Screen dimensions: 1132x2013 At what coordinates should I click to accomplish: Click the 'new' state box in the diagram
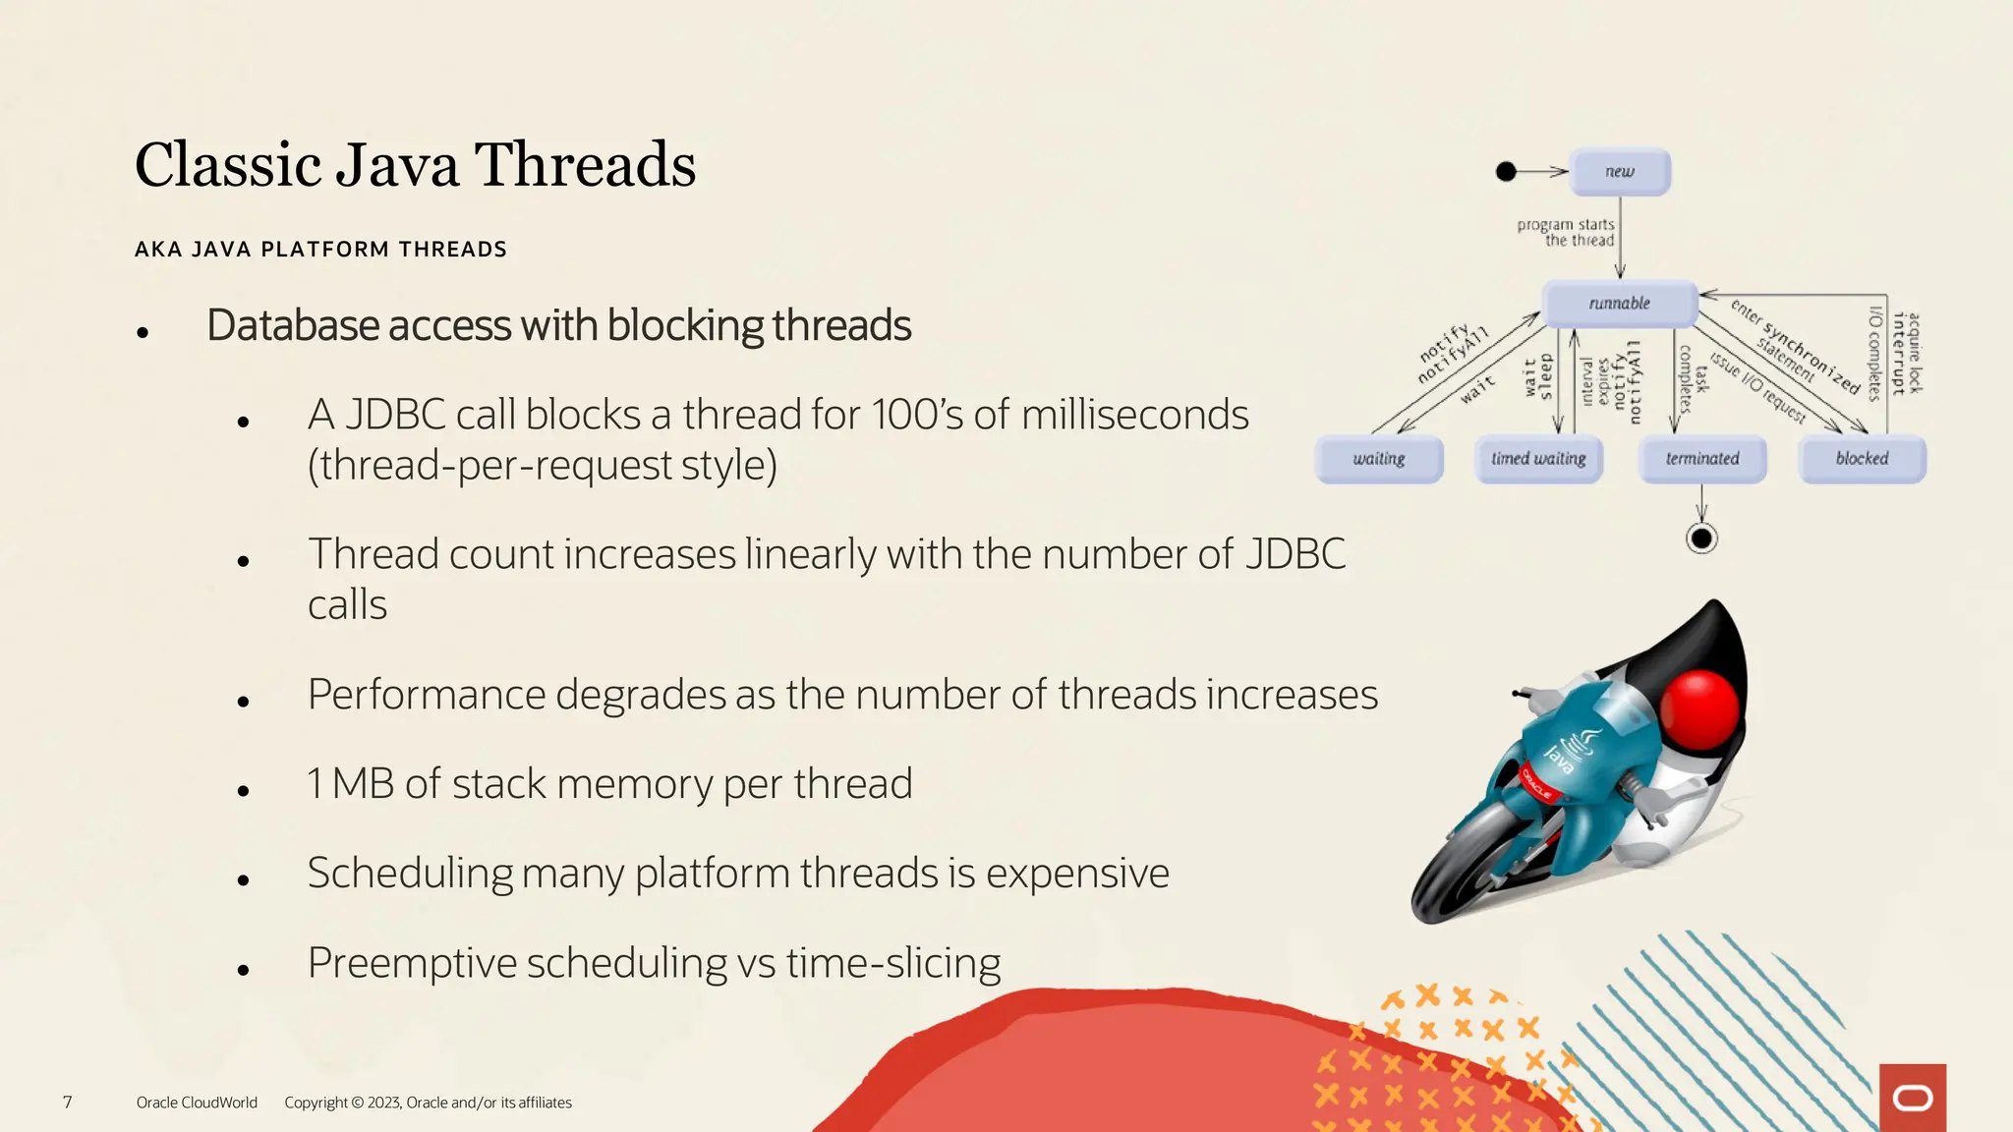pyautogui.click(x=1620, y=172)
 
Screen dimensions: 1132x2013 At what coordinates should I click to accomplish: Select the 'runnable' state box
pyautogui.click(x=1620, y=304)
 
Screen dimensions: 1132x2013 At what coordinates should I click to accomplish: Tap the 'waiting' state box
pyautogui.click(x=1379, y=459)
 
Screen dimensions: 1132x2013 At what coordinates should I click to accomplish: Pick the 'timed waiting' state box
pyautogui.click(x=1538, y=459)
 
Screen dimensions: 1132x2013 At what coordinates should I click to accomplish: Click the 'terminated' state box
pyautogui.click(x=1702, y=459)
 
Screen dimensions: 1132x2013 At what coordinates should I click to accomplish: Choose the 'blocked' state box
pyautogui.click(x=1862, y=459)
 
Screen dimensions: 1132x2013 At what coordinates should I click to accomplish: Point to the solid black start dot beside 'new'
pyautogui.click(x=1506, y=172)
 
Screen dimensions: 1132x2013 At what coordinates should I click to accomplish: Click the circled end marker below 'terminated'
pyautogui.click(x=1701, y=538)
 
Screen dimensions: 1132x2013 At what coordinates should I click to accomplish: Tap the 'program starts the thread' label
pyautogui.click(x=1566, y=232)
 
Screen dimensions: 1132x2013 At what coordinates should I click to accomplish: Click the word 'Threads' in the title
pyautogui.click(x=585, y=165)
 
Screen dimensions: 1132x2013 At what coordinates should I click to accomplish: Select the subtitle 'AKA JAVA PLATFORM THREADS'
pyautogui.click(x=320, y=250)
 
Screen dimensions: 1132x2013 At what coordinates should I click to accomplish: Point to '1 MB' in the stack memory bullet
pyautogui.click(x=351, y=784)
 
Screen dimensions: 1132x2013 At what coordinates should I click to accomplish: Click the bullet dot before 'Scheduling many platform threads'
pyautogui.click(x=243, y=880)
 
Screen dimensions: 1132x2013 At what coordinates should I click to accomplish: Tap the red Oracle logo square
pyautogui.click(x=1912, y=1098)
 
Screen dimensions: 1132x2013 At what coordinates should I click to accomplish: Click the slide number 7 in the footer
pyautogui.click(x=67, y=1103)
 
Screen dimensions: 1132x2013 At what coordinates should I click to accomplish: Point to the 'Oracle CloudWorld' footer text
pyautogui.click(x=197, y=1103)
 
